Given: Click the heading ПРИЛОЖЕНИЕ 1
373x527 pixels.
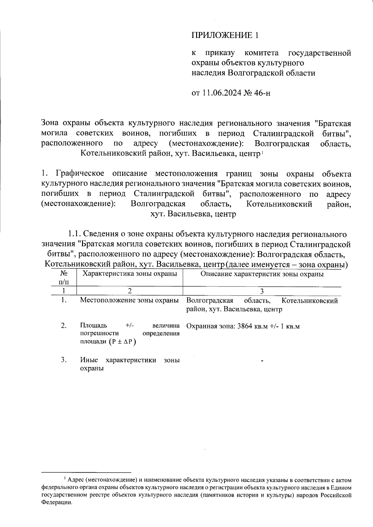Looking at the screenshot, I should (224, 35).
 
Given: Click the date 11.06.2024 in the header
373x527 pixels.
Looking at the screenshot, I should (222, 93).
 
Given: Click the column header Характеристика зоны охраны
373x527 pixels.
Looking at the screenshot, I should (129, 274).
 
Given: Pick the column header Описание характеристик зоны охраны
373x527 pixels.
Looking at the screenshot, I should (262, 274).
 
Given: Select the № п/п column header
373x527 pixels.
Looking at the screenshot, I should (64, 277).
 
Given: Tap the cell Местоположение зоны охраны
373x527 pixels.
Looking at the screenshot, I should (129, 300).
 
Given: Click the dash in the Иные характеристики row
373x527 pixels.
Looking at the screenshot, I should (262, 361).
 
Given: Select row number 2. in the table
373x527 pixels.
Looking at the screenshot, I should (64, 326).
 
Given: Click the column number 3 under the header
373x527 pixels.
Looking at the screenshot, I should (262, 291).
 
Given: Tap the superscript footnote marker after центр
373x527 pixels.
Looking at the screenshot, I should (263, 152).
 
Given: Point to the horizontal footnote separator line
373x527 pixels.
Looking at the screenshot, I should (86, 472).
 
